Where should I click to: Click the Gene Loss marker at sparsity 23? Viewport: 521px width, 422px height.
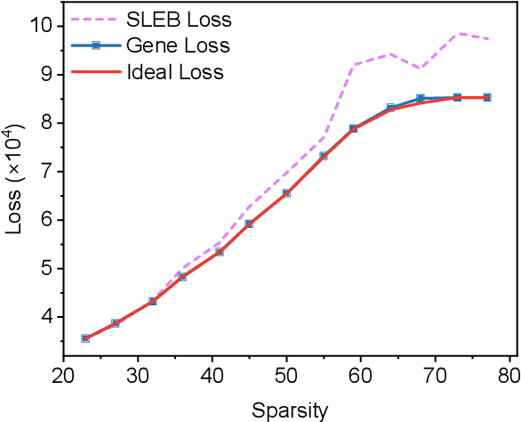coord(85,338)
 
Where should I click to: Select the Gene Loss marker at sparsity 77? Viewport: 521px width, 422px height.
coord(487,96)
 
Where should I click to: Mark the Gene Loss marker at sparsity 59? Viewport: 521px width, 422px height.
coord(353,128)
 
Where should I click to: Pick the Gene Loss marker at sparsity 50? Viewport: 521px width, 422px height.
coord(286,193)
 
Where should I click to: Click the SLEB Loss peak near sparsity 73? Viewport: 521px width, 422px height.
coord(458,33)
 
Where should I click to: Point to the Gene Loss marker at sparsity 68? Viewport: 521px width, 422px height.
coord(421,98)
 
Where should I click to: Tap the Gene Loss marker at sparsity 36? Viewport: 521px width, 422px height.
coord(182,276)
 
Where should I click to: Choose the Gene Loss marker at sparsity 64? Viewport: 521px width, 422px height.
coord(390,108)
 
